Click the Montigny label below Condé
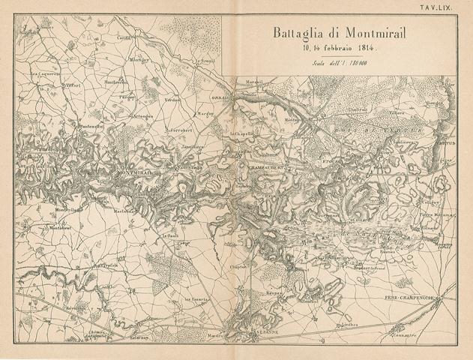[140, 58]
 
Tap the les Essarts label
[196, 298]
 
